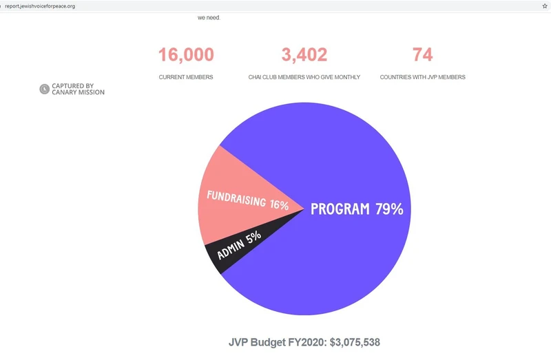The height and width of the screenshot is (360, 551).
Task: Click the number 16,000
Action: [186, 55]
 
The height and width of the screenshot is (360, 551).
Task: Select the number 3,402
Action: [304, 55]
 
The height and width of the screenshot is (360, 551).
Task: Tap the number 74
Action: [422, 55]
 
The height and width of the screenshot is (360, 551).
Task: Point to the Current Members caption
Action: [186, 77]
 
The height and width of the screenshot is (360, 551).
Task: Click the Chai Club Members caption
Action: [304, 77]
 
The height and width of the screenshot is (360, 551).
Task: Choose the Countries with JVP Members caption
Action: [422, 77]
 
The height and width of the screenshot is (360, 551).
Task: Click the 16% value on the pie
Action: [279, 204]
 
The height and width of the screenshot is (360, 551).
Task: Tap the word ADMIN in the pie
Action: [230, 249]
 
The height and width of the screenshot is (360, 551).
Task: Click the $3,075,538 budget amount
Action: [349, 342]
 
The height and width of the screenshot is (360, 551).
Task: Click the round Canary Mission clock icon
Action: [45, 89]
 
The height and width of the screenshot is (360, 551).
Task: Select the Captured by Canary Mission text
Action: [78, 89]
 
